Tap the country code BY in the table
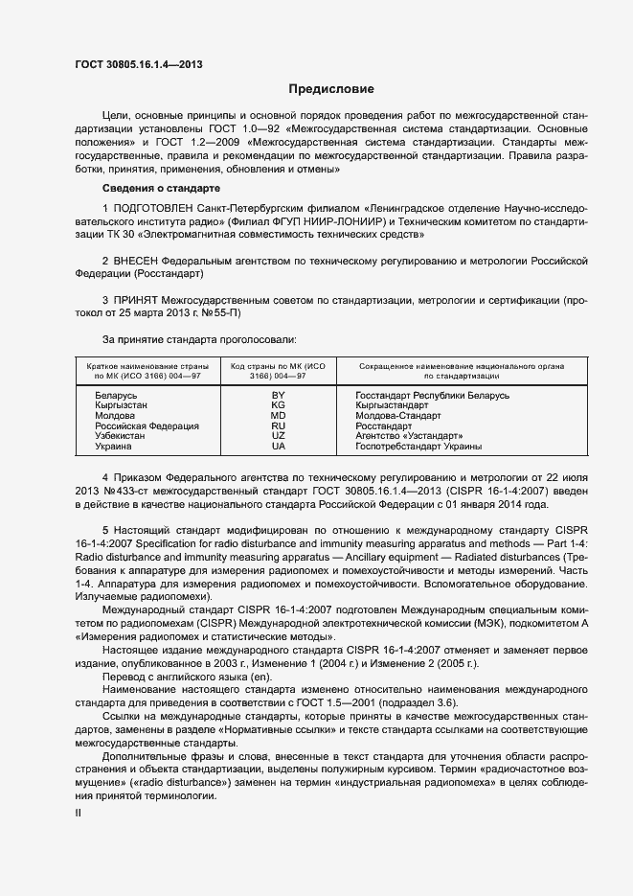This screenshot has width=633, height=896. click(x=279, y=395)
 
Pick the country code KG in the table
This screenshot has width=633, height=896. click(x=279, y=405)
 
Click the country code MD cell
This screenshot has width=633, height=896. click(x=279, y=416)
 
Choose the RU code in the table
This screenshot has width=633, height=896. click(x=279, y=426)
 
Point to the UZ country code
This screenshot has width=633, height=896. click(x=279, y=436)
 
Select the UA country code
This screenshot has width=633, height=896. click(x=279, y=447)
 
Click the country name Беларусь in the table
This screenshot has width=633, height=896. click(x=117, y=395)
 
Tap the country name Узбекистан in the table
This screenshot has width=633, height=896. click(x=120, y=436)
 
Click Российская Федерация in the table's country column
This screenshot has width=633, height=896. click(x=147, y=426)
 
